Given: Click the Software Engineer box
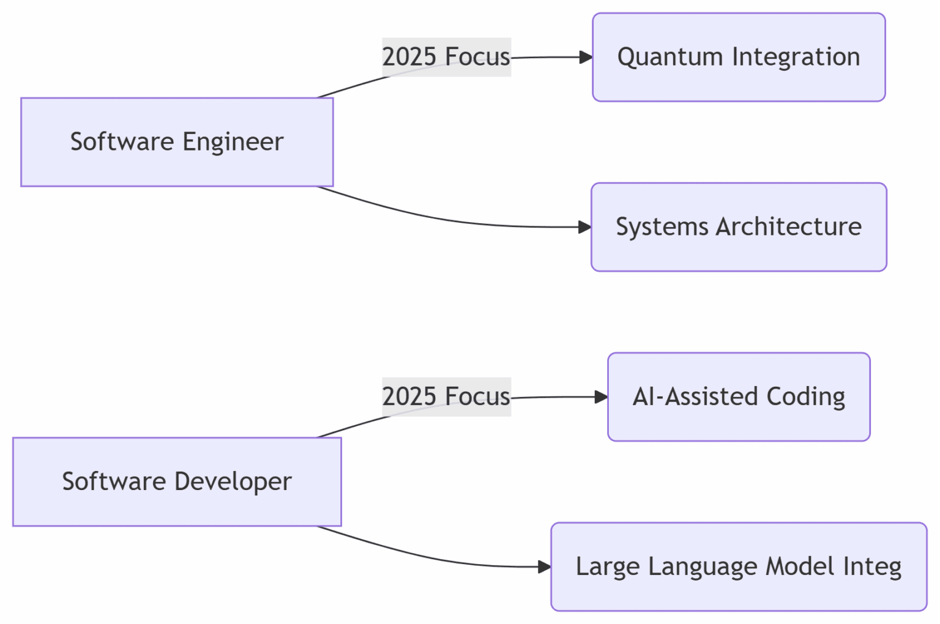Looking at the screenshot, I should coord(177,142).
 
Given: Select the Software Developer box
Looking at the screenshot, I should coord(177,481).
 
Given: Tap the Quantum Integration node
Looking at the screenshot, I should coord(739,57).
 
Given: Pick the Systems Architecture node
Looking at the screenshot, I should coord(739,227).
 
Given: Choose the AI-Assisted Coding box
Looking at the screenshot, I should coord(739,396).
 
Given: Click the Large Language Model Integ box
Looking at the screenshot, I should coord(739,566).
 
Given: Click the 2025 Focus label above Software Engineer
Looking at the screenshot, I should coord(446,57).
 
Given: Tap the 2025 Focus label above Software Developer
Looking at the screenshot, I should coord(446,396).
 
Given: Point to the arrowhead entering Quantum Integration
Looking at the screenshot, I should coord(586,58).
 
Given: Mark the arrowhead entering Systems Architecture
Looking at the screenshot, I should coord(584,227).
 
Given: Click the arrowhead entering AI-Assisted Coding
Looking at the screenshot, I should coord(601,397).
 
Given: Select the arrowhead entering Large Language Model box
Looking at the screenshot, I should coord(544,567).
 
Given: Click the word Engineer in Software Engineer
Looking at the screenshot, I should coord(233,142).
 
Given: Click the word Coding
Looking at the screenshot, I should coord(805,396).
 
